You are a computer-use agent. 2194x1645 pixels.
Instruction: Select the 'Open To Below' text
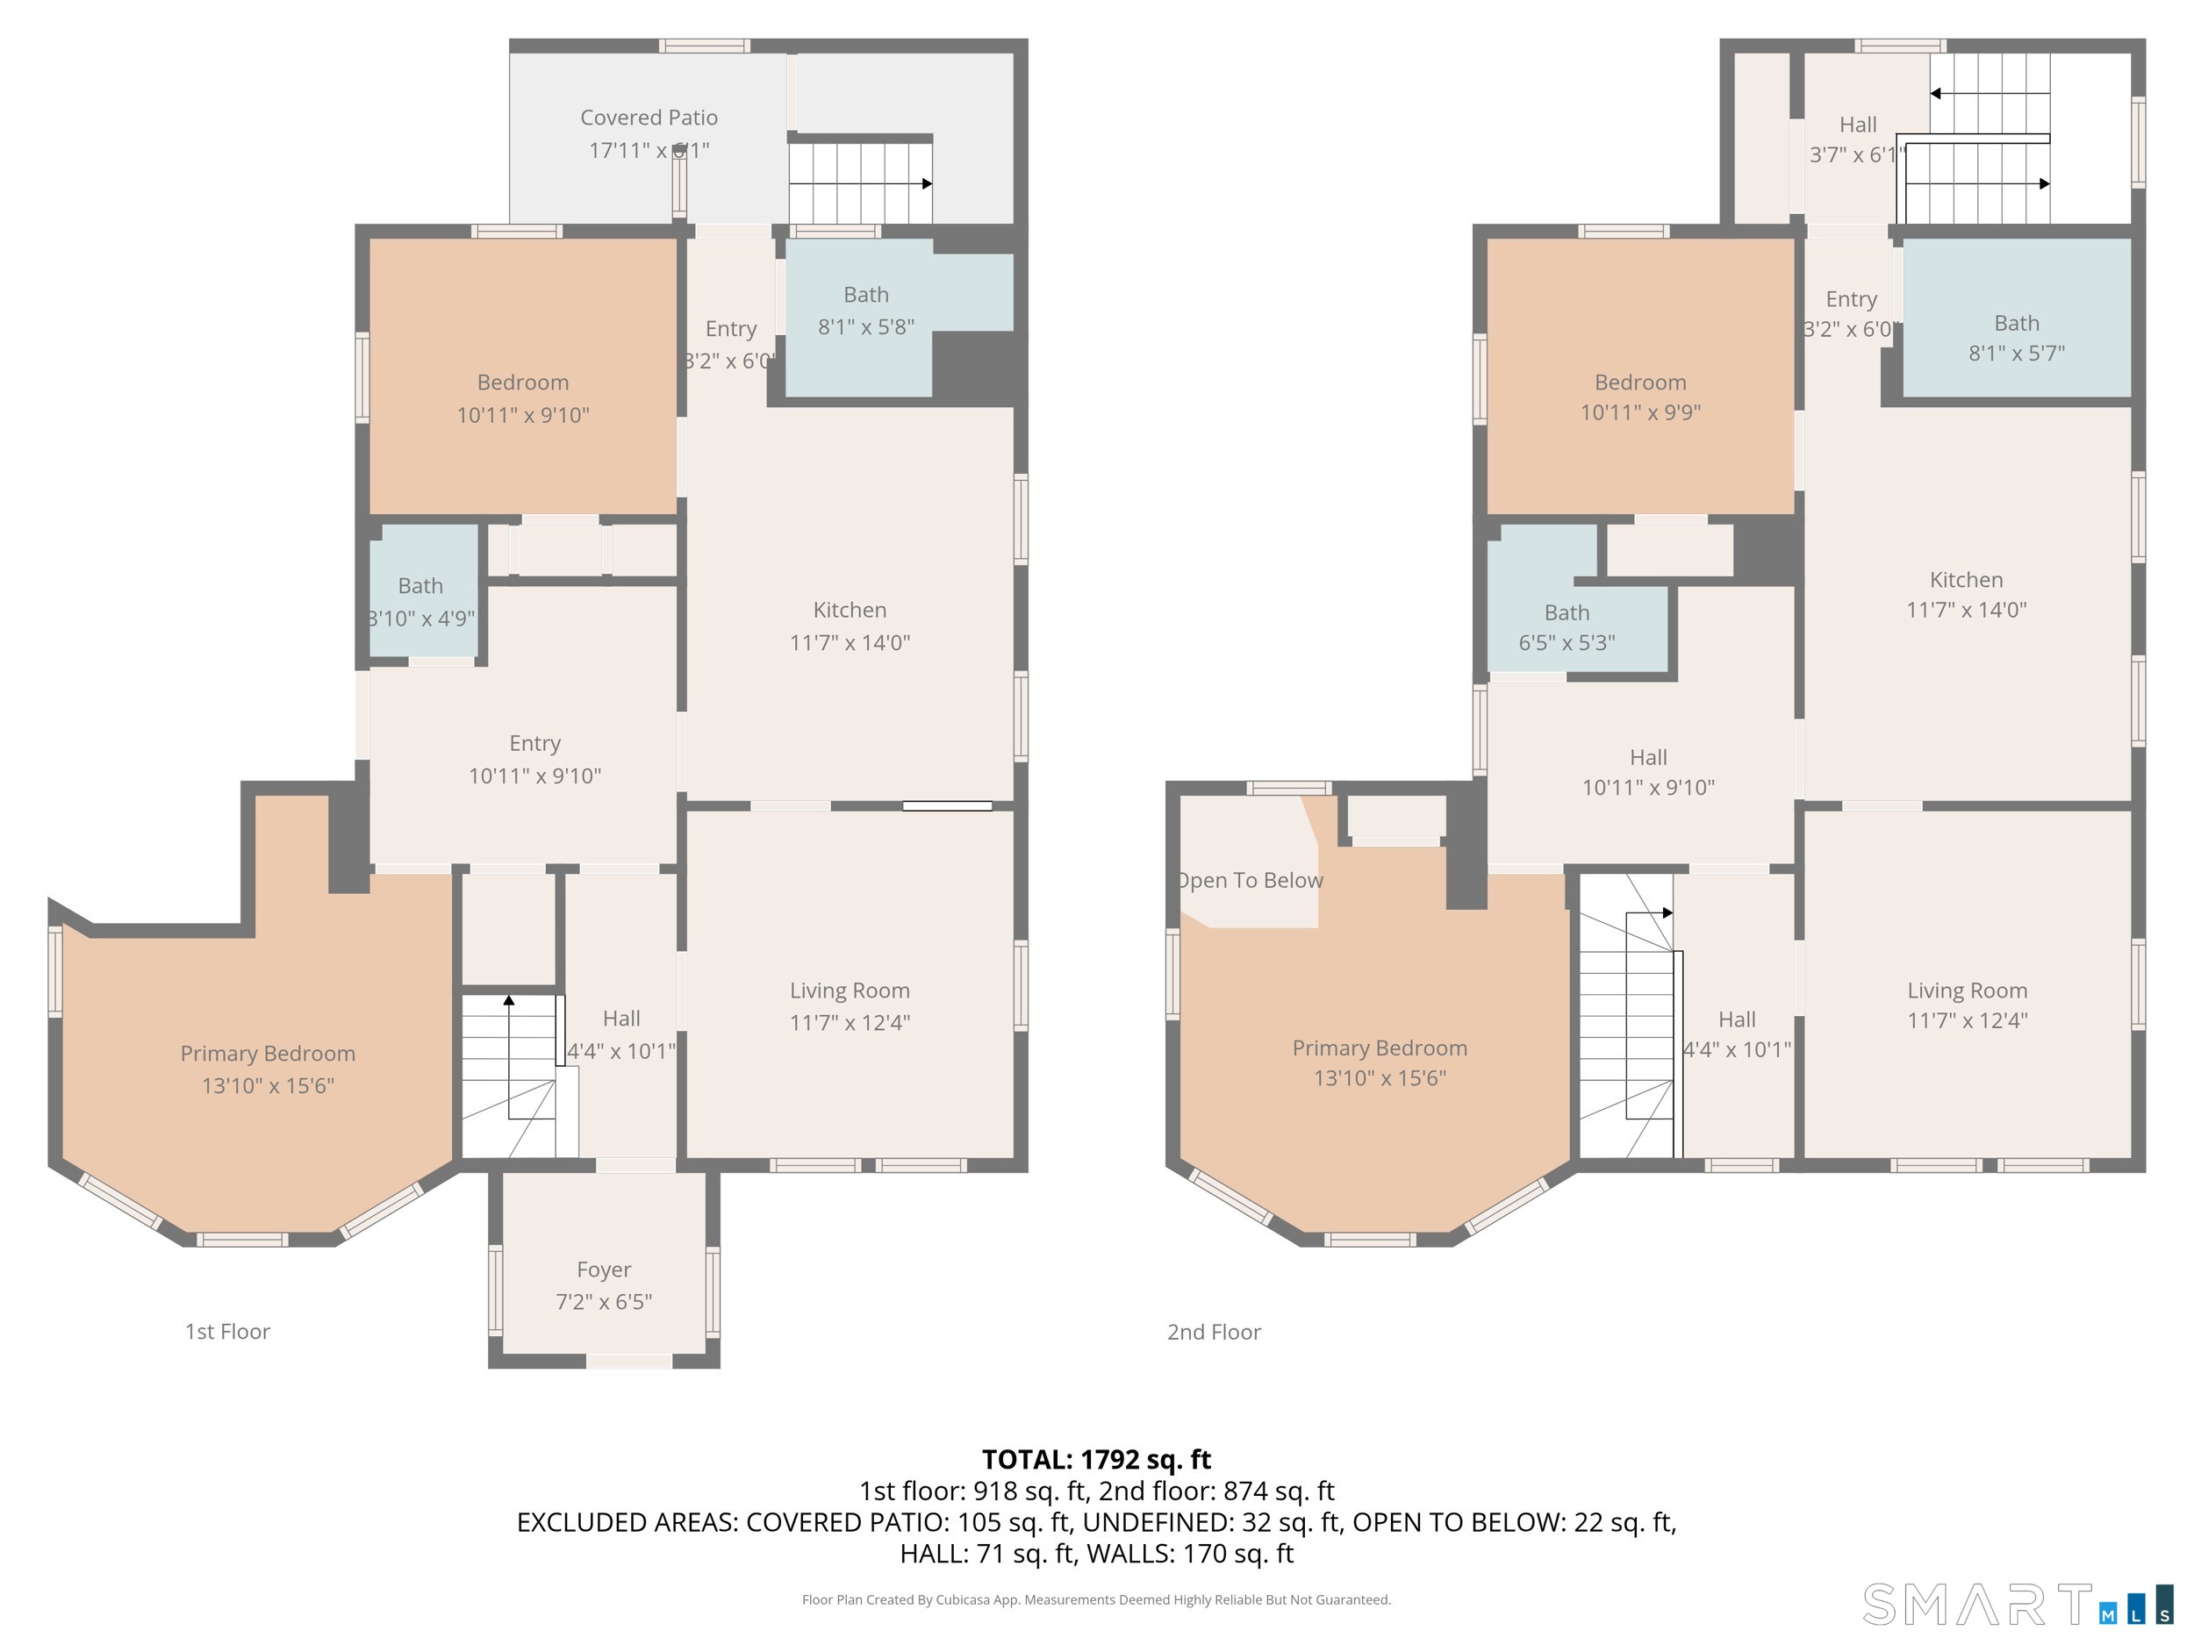pos(1251,881)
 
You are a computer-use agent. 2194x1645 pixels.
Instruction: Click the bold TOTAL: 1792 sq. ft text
pos(1096,1460)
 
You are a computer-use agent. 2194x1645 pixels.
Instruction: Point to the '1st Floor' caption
pos(227,1332)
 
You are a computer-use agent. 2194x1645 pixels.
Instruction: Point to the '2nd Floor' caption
pos(1213,1332)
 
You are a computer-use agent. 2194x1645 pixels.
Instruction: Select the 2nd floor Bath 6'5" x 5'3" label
pos(1567,627)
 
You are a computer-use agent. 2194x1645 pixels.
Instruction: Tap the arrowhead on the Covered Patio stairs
pos(928,183)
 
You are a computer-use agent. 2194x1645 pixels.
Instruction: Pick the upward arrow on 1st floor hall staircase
pos(509,1000)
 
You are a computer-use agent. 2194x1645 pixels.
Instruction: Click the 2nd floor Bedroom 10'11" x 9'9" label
pos(1639,397)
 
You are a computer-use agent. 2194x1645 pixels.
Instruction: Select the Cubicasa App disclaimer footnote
pos(1096,1599)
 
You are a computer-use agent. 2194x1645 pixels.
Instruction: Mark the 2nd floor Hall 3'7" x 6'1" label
pos(1857,139)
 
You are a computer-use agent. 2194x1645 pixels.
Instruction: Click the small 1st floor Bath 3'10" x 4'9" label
pos(420,602)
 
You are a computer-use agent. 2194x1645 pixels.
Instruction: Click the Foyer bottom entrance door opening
pos(629,1362)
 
